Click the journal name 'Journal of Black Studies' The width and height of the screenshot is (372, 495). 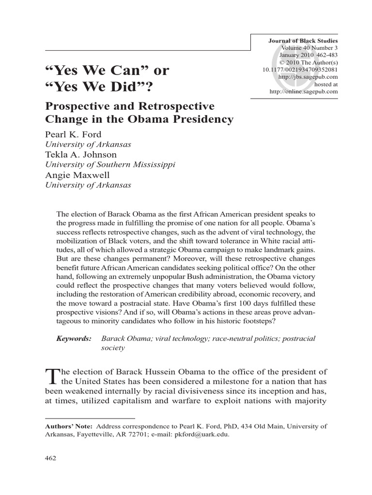(303, 41)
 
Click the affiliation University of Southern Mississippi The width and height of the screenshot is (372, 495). (109, 164)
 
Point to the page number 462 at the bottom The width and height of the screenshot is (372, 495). (51, 458)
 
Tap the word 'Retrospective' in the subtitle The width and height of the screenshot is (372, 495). (174, 105)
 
